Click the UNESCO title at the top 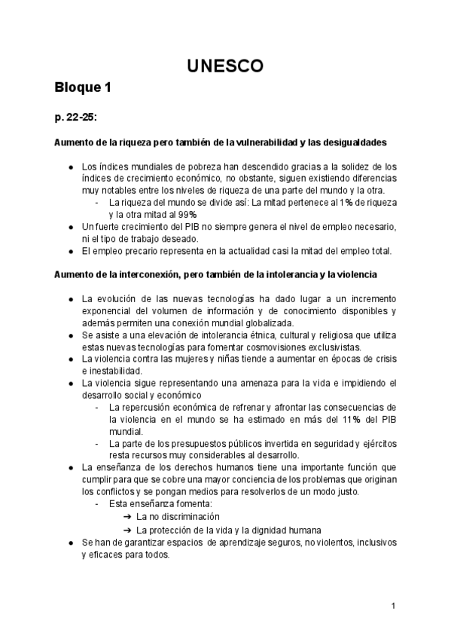click(x=225, y=66)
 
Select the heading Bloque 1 click(x=83, y=88)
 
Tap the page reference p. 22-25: click(x=75, y=117)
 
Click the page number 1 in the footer click(x=394, y=606)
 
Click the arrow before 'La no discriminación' click(x=126, y=517)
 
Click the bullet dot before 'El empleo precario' click(x=69, y=251)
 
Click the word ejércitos click(x=376, y=444)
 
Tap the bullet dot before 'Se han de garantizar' click(x=69, y=542)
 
